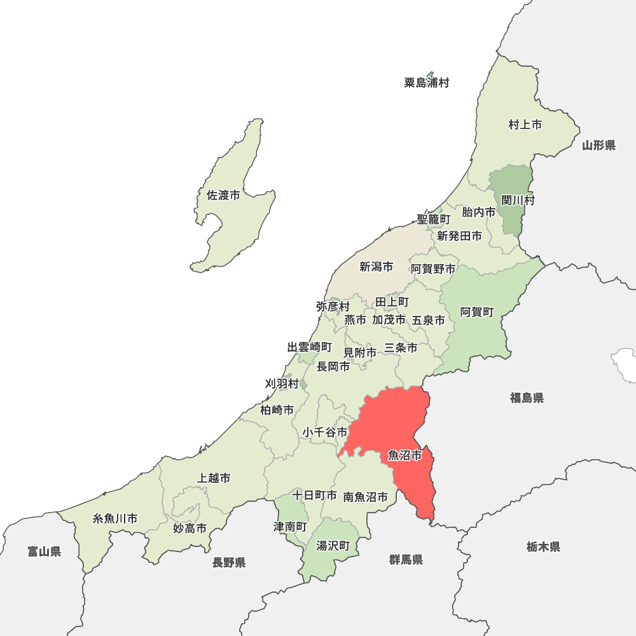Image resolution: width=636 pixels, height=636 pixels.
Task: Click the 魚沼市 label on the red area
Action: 405,455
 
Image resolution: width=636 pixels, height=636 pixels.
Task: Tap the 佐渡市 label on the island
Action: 223,196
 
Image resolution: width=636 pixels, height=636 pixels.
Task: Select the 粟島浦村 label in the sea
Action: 426,83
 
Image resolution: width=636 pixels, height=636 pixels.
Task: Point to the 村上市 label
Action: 525,125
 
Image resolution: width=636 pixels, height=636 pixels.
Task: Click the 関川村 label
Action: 518,200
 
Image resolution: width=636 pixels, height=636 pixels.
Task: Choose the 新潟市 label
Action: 376,267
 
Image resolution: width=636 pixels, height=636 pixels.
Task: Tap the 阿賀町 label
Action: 477,312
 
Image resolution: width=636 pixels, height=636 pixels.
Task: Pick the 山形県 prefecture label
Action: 598,146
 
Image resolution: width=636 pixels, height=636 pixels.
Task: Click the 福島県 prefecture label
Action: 526,398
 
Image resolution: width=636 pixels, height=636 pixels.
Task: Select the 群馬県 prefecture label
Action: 406,560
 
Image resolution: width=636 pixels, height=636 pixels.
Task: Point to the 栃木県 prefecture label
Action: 543,546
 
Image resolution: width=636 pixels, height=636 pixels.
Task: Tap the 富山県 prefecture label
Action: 44,551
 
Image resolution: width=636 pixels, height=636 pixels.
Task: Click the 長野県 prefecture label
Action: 229,562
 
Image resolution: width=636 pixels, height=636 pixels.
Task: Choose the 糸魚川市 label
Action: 115,518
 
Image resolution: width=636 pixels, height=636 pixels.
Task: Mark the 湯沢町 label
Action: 333,546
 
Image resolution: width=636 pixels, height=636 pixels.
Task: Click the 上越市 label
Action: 214,478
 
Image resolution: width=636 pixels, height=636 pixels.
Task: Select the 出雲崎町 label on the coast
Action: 309,347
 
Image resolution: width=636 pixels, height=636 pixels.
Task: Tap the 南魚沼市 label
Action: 365,497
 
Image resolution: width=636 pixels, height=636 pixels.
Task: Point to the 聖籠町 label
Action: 433,219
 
